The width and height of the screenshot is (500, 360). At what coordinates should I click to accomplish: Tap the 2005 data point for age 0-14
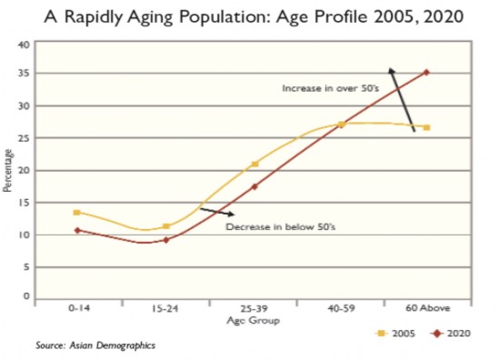pyautogui.click(x=77, y=212)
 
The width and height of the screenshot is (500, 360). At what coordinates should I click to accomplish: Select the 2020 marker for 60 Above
pyautogui.click(x=426, y=73)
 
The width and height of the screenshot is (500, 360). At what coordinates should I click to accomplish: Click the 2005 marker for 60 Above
pyautogui.click(x=426, y=127)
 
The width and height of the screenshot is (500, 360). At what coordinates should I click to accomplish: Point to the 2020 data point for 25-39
pyautogui.click(x=255, y=186)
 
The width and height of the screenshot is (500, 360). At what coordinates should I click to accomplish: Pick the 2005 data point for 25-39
pyautogui.click(x=255, y=165)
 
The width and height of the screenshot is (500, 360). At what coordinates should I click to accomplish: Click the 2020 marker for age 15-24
pyautogui.click(x=165, y=240)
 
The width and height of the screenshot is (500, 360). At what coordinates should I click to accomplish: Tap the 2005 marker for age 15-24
pyautogui.click(x=165, y=226)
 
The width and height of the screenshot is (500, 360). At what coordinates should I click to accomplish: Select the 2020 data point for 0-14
pyautogui.click(x=77, y=230)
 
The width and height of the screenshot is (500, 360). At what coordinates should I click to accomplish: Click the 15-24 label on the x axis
pyautogui.click(x=165, y=310)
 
